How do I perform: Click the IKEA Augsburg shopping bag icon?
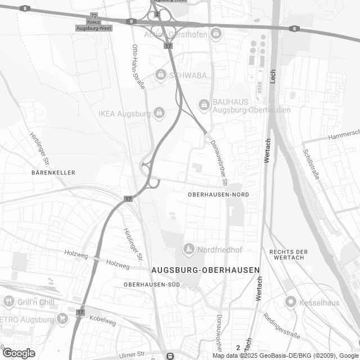click(x=159, y=113)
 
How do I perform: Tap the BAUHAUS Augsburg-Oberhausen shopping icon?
click(x=204, y=103)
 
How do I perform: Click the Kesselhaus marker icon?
click(x=290, y=302)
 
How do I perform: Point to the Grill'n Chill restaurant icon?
click(x=8, y=302)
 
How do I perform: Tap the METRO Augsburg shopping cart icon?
click(x=62, y=319)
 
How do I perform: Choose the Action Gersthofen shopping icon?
click(x=215, y=35)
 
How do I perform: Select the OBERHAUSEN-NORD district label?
click(x=218, y=194)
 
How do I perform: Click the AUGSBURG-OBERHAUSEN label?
click(x=206, y=270)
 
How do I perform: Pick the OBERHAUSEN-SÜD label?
click(x=152, y=285)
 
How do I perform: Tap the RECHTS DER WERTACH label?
click(x=289, y=254)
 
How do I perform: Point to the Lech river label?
click(x=273, y=78)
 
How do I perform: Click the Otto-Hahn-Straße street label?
click(x=138, y=66)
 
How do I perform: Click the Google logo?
click(x=19, y=353)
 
